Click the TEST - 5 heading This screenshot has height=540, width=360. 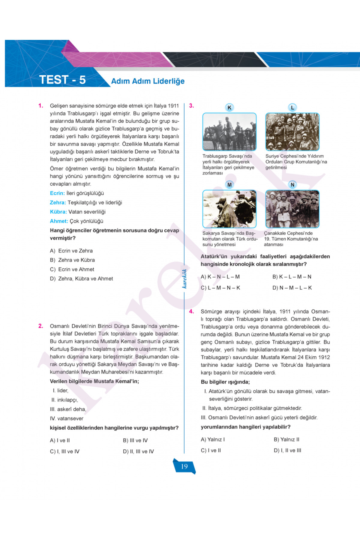pyautogui.click(x=62, y=80)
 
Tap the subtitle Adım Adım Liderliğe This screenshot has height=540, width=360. pyautogui.click(x=148, y=81)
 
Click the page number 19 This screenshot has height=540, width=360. pyautogui.click(x=184, y=466)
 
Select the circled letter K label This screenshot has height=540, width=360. pyautogui.click(x=229, y=107)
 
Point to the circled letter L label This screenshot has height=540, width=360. pyautogui.click(x=292, y=107)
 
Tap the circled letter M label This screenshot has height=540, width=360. pyautogui.click(x=229, y=185)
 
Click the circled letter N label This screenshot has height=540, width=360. pyautogui.click(x=292, y=185)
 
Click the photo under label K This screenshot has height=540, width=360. pyautogui.click(x=229, y=132)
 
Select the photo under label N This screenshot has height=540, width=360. pyautogui.click(x=292, y=209)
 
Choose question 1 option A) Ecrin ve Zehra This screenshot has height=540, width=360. pyautogui.click(x=71, y=251)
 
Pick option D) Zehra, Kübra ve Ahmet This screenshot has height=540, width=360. pyautogui.click(x=81, y=279)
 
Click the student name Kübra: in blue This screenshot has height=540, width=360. pyautogui.click(x=58, y=212)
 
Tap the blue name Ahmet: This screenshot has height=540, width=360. pyautogui.click(x=59, y=221)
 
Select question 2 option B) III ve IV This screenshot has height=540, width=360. pyautogui.click(x=135, y=440)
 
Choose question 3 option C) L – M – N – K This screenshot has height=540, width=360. pyautogui.click(x=220, y=288)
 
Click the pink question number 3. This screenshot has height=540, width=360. pyautogui.click(x=191, y=106)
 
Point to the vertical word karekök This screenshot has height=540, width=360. pyautogui.click(x=184, y=279)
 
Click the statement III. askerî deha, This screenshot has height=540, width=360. pyautogui.click(x=68, y=409)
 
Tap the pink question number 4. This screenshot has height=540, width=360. pyautogui.click(x=191, y=311)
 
